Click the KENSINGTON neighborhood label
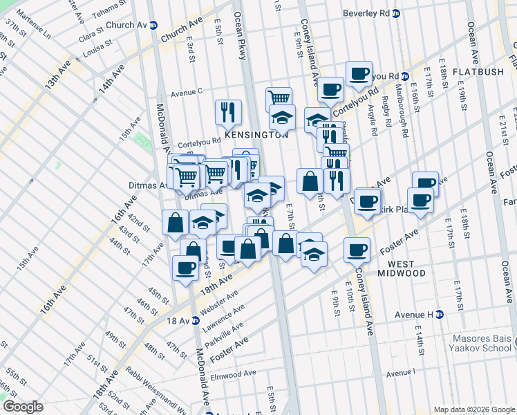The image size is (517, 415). pyautogui.click(x=254, y=135)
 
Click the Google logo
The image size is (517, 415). pyautogui.click(x=23, y=407)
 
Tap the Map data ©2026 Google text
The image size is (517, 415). pyautogui.click(x=474, y=409)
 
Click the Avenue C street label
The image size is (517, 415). pyautogui.click(x=186, y=91)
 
